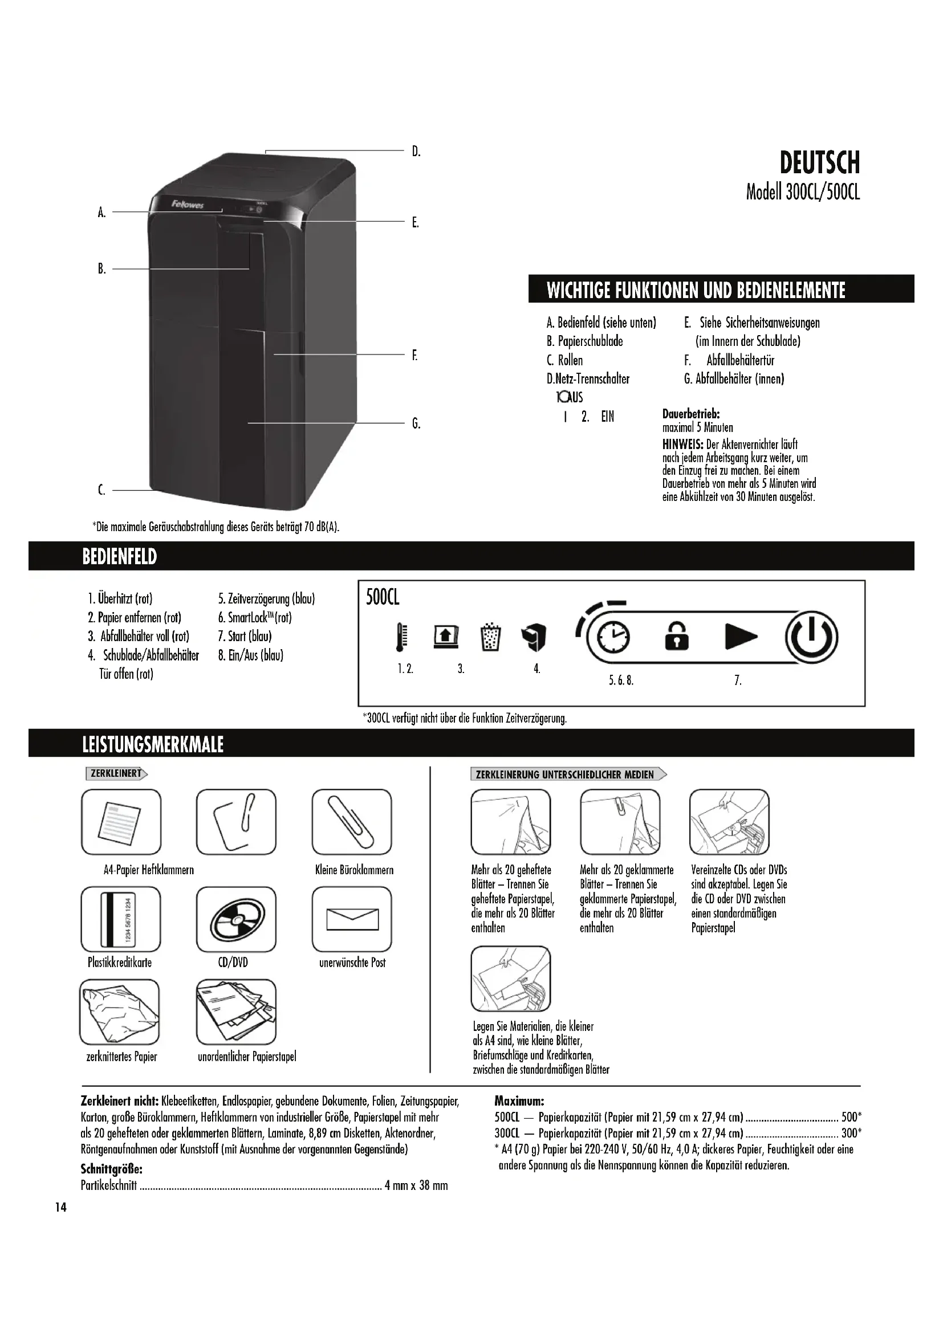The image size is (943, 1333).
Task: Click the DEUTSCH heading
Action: point(819,163)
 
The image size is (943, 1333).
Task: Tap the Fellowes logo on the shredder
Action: point(187,205)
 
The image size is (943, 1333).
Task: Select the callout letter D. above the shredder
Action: point(416,152)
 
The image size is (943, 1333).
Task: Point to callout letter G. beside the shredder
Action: point(416,424)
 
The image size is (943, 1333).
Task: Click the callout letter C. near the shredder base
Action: point(101,491)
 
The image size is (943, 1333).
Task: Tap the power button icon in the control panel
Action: point(811,638)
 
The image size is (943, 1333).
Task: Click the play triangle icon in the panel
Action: point(741,637)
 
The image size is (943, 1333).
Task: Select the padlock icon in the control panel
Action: point(677,637)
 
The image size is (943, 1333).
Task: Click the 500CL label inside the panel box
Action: point(383,597)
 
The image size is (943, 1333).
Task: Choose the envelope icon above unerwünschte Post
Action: point(352,919)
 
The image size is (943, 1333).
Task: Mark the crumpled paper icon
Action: point(120,1012)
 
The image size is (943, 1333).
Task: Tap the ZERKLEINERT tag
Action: point(116,774)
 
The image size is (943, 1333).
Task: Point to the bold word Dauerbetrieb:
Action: point(691,414)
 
